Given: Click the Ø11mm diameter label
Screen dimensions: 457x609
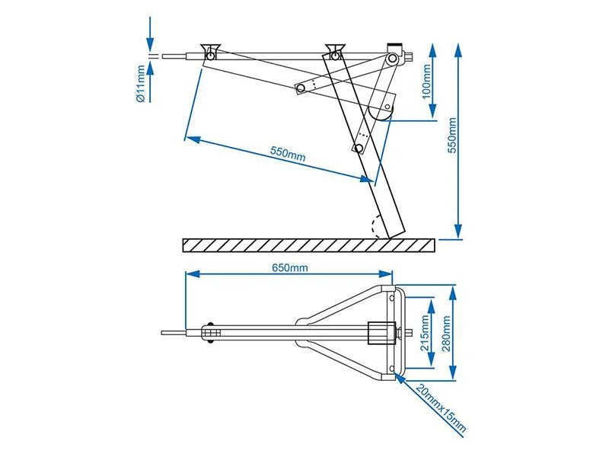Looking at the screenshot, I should [x=142, y=84].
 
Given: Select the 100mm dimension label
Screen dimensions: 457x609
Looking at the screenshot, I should [x=426, y=82].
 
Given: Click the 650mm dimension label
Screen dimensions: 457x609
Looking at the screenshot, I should [x=290, y=267].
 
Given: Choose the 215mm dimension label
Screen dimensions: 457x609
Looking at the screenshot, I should [x=426, y=332].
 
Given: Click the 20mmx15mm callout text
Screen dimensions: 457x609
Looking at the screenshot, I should [x=441, y=410].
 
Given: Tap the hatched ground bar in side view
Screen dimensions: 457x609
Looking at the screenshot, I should [x=308, y=245].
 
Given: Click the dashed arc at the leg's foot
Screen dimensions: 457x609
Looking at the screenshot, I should [x=374, y=227].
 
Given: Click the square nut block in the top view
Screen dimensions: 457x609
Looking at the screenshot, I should [x=378, y=333].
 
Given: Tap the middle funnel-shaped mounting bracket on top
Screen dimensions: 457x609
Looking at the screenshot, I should [x=332, y=51].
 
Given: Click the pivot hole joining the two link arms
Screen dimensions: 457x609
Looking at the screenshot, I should [x=301, y=89].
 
